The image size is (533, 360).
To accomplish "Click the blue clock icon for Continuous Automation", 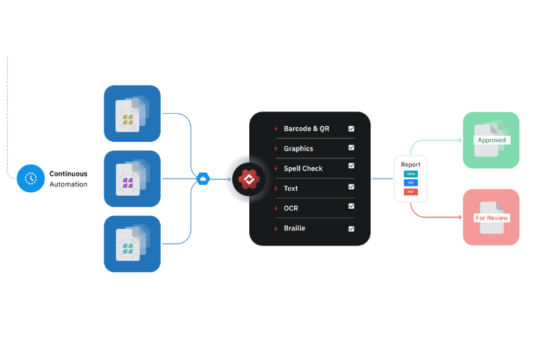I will click(x=31, y=178).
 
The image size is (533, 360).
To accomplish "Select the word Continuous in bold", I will click(x=68, y=174).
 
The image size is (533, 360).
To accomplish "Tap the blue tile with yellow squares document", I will click(x=133, y=114).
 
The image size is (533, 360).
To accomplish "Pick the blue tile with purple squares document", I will click(x=133, y=179).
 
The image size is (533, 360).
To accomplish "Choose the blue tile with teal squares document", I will click(x=133, y=243).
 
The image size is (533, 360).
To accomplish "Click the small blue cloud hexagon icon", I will click(x=203, y=178).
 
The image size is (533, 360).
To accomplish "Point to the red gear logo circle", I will click(x=248, y=179).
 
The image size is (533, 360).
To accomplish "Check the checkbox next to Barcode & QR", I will click(x=351, y=129).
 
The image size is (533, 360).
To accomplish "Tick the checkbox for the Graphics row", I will click(x=351, y=148).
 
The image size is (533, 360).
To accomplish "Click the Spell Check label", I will click(x=303, y=168).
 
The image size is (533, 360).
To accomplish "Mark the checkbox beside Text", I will click(x=351, y=188).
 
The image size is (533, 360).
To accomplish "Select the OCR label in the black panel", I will click(x=292, y=208).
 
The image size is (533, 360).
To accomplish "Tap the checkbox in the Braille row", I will click(x=351, y=228).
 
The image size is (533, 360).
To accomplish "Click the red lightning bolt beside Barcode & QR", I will click(x=275, y=129).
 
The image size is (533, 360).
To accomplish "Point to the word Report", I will click(x=411, y=165).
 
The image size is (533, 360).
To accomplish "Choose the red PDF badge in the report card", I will click(x=411, y=192).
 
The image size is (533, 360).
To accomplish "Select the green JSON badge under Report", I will click(x=411, y=174).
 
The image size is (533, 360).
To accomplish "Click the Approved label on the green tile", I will click(x=491, y=140).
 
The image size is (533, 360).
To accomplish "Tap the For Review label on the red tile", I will click(x=491, y=217).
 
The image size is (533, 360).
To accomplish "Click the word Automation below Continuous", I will click(x=68, y=184).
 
